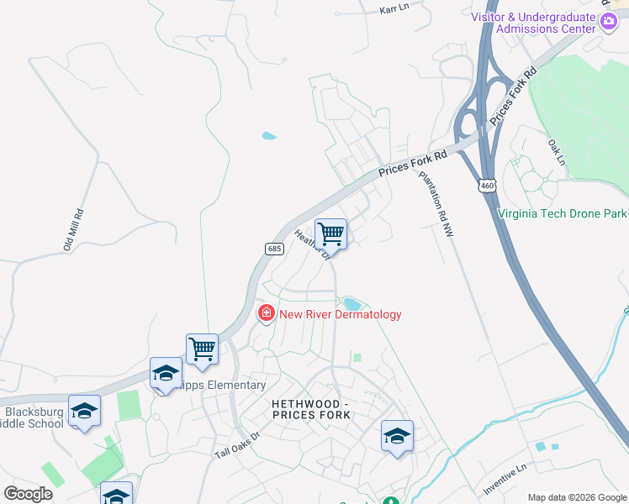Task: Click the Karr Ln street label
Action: pyautogui.click(x=394, y=8)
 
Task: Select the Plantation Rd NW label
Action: pyautogui.click(x=436, y=205)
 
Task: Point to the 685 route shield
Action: pyautogui.click(x=274, y=249)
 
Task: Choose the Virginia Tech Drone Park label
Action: pyautogui.click(x=561, y=213)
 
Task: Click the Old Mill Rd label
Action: pyautogui.click(x=74, y=230)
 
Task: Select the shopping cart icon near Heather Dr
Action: pyautogui.click(x=331, y=233)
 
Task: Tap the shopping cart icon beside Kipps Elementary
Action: pyautogui.click(x=202, y=348)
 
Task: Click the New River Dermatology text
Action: pyautogui.click(x=340, y=314)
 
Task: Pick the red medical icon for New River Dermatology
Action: pyautogui.click(x=267, y=313)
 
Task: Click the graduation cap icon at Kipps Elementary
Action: pyautogui.click(x=166, y=372)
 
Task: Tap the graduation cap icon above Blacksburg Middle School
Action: pyautogui.click(x=84, y=411)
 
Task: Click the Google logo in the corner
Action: pyautogui.click(x=29, y=494)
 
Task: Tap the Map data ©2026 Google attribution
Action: pyautogui.click(x=577, y=497)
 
